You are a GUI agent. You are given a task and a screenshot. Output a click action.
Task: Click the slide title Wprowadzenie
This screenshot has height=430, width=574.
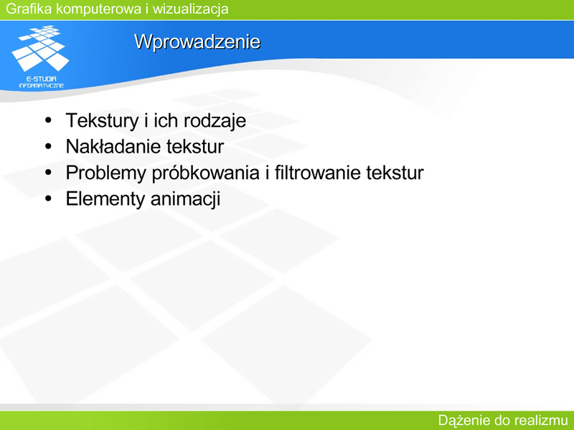pos(197,42)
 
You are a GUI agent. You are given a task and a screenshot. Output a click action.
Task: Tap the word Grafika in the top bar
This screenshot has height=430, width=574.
pos(29,9)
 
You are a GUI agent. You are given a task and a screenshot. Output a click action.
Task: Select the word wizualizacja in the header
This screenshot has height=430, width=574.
pos(190,9)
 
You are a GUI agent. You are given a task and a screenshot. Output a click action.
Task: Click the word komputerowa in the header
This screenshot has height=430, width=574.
pos(99,9)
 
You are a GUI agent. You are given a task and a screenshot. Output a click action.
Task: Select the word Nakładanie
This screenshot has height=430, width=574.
pos(113,146)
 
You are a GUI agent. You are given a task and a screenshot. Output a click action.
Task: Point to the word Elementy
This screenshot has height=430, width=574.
pos(105,199)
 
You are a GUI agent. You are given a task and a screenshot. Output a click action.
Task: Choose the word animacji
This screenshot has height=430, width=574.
pos(185,199)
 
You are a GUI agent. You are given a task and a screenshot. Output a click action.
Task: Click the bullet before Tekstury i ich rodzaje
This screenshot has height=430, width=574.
pos(48,120)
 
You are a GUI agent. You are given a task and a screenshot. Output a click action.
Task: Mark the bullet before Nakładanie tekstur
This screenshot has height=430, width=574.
pos(48,146)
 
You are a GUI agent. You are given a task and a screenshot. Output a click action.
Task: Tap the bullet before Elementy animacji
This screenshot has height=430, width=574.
pos(48,199)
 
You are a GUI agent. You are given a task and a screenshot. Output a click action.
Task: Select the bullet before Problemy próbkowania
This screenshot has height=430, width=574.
pos(48,172)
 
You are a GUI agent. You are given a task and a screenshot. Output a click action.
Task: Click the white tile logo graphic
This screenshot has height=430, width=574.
pos(40,48)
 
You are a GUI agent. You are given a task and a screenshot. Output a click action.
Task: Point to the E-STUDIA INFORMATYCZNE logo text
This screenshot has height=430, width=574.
pos(42,82)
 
